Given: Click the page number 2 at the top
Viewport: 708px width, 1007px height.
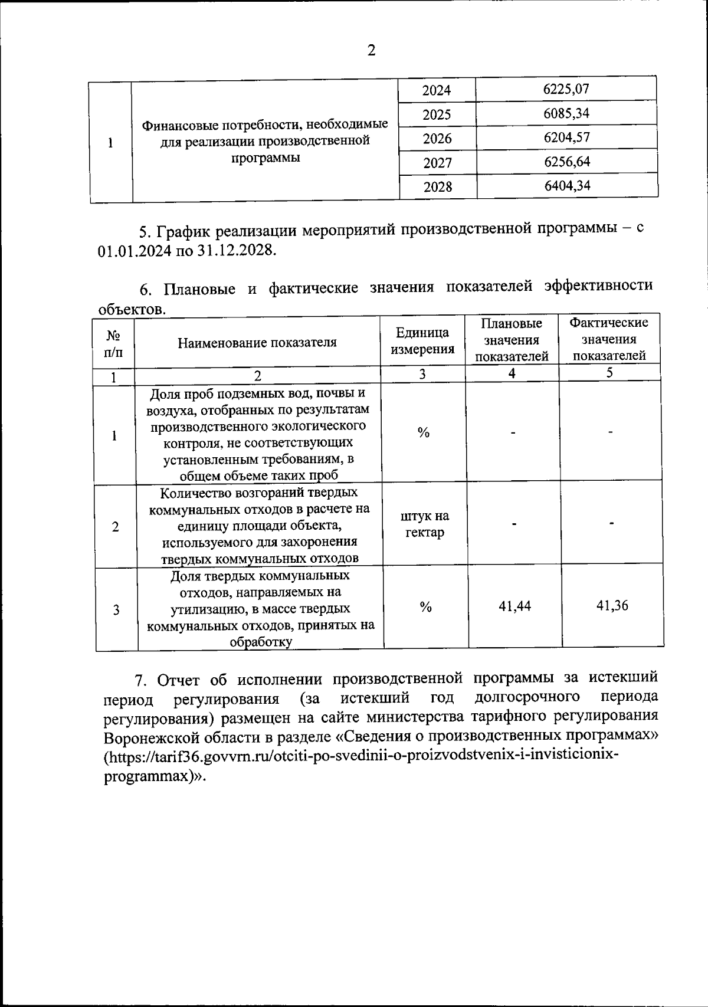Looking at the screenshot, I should click(371, 51).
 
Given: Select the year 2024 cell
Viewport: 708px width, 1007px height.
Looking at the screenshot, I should click(437, 90).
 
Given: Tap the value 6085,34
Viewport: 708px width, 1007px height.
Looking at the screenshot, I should click(566, 113).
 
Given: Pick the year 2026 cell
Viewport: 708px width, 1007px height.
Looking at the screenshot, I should click(437, 139).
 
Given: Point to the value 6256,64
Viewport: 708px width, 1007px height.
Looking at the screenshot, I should click(567, 162).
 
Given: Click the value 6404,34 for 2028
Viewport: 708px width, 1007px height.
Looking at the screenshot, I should click(568, 186).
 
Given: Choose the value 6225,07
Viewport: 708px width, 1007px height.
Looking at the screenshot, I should click(566, 89).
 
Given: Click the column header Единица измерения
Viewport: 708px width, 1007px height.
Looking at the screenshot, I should click(422, 341).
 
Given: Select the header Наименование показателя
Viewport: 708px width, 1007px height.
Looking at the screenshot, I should click(257, 342).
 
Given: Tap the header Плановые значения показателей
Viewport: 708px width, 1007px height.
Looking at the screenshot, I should click(512, 340).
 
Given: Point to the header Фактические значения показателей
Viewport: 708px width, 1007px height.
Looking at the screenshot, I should click(609, 339).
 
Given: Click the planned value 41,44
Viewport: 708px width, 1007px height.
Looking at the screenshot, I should click(514, 606).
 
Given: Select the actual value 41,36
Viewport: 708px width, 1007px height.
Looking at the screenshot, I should click(612, 605).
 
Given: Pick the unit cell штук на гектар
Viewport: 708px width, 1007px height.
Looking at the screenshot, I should click(425, 524).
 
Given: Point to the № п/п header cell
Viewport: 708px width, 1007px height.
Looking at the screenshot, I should click(114, 344).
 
